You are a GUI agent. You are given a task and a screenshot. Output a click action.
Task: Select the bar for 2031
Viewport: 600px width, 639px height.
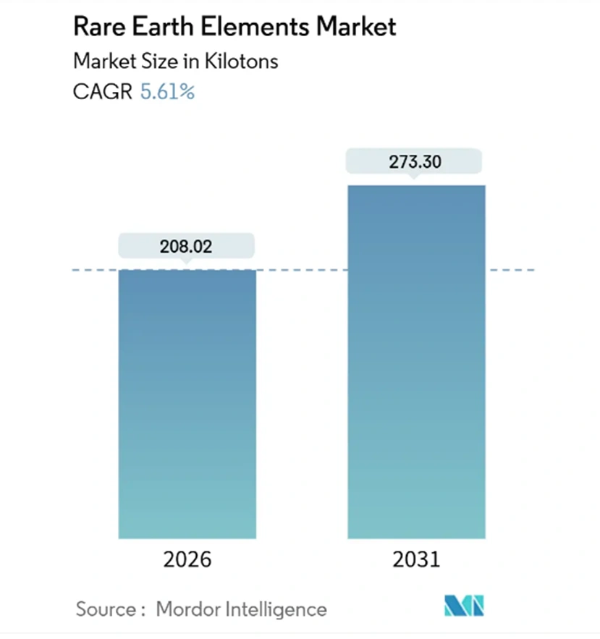(x=416, y=362)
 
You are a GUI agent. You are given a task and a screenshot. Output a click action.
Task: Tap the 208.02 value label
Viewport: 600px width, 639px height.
(x=187, y=246)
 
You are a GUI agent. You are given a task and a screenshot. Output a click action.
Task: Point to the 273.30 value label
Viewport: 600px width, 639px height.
(x=414, y=161)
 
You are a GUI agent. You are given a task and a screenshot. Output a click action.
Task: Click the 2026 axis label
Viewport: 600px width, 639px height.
(x=187, y=560)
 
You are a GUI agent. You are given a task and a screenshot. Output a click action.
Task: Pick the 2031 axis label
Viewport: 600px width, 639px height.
(x=416, y=560)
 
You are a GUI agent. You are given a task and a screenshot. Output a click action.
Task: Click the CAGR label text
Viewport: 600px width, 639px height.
(x=102, y=93)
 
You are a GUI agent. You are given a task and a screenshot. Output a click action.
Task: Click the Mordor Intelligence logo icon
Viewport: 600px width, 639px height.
(x=463, y=606)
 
